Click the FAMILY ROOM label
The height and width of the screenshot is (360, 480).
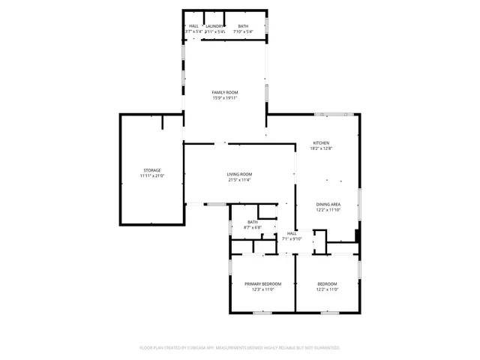pyautogui.click(x=225, y=92)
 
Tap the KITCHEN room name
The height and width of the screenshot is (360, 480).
pyautogui.click(x=321, y=143)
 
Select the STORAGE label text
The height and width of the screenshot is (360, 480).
pyautogui.click(x=152, y=170)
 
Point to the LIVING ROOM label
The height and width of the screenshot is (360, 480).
pyautogui.click(x=239, y=175)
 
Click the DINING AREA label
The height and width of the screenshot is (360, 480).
pyautogui.click(x=328, y=205)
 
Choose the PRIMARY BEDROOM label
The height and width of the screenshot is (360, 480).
pyautogui.click(x=262, y=283)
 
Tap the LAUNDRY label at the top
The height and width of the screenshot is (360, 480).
pyautogui.click(x=215, y=26)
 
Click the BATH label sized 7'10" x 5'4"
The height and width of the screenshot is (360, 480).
pyautogui.click(x=243, y=26)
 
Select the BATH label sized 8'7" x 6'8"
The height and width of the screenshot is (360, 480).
pyautogui.click(x=253, y=222)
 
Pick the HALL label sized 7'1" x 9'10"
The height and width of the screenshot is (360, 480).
pyautogui.click(x=292, y=233)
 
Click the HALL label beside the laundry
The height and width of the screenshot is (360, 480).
pyautogui.click(x=193, y=26)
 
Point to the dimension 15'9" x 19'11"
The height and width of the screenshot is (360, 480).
pyautogui.click(x=225, y=97)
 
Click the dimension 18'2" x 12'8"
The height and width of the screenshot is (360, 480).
pyautogui.click(x=321, y=148)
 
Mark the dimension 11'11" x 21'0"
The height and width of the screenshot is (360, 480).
pyautogui.click(x=152, y=175)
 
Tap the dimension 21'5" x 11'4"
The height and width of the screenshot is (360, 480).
pyautogui.click(x=239, y=180)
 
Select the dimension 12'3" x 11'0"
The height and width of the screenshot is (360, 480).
pyautogui.click(x=262, y=289)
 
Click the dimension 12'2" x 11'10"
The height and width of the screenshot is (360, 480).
pyautogui.click(x=328, y=210)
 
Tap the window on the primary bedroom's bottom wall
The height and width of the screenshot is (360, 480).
pyautogui.click(x=262, y=312)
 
